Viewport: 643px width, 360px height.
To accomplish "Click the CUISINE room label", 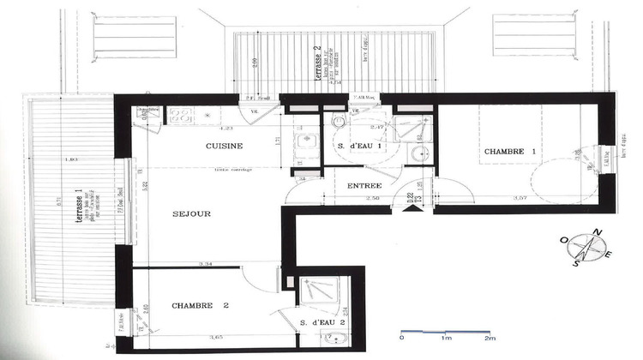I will tap(223, 147).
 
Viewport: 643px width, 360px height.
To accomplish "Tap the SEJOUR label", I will tap(191, 213).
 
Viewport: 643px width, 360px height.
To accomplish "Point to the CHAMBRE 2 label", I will tap(200, 305).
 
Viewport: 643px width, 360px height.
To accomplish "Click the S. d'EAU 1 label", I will tap(355, 147).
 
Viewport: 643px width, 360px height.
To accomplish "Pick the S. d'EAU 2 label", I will tap(322, 322).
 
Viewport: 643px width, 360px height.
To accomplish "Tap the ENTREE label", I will tap(364, 185).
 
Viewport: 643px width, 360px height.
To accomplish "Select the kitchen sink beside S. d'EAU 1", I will tap(302, 142).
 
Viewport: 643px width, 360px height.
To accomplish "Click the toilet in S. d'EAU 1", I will tap(340, 123).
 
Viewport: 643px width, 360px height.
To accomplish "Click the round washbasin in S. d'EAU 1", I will tap(418, 153).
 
